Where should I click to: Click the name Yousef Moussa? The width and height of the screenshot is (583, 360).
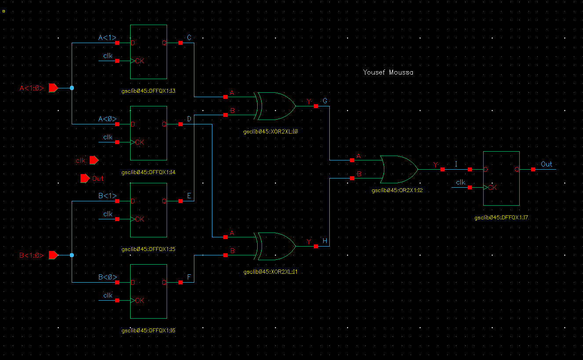pos(388,72)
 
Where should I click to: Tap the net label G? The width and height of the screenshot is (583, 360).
pos(325,101)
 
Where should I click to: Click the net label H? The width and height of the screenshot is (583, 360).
pos(325,241)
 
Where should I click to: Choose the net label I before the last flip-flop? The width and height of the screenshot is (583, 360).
pos(456,164)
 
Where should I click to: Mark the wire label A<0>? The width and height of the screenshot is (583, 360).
pos(107,119)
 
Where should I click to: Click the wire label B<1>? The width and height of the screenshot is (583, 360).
pos(107,196)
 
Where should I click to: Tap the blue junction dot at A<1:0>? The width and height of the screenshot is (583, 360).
pos(72,88)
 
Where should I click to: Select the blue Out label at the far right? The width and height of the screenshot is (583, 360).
pos(547,164)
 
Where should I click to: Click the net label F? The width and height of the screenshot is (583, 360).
pos(189,277)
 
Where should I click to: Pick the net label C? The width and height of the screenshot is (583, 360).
pos(189,38)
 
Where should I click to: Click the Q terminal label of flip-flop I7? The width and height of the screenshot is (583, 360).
pos(517,169)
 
